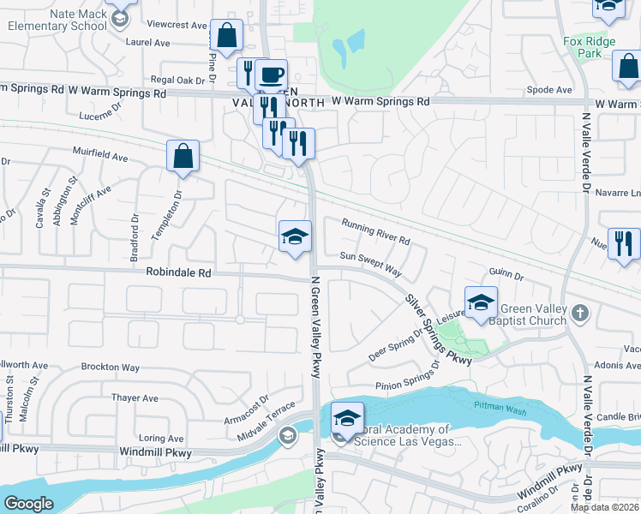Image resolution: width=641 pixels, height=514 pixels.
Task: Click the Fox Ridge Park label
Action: (583, 46)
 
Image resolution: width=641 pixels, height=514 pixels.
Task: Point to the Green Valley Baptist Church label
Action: (531, 315)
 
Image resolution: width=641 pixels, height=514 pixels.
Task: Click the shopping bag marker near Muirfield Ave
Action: (183, 157)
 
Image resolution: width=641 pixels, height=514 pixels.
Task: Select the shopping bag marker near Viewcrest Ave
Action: (227, 37)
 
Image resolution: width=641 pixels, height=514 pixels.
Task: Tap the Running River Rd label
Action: (376, 230)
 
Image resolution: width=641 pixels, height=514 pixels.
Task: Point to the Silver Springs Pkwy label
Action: (438, 330)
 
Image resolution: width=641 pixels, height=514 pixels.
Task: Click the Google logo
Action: (28, 504)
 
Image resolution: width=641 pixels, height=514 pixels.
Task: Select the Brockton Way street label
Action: (112, 368)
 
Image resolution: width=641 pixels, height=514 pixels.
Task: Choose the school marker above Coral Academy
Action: (347, 418)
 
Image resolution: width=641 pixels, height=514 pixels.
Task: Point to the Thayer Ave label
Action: (135, 398)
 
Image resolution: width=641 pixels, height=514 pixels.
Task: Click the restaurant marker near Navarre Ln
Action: (624, 243)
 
